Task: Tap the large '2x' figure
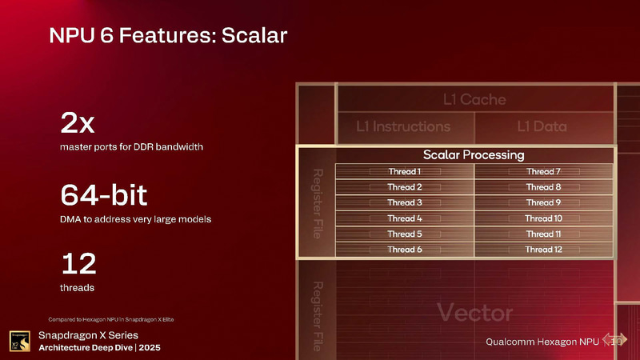[78, 124]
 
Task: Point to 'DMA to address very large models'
[135, 219]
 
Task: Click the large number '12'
[78, 263]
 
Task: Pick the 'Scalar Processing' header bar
[474, 154]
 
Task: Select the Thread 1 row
[404, 172]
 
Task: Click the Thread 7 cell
[543, 172]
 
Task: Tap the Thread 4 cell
[404, 218]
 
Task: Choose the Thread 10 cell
[543, 218]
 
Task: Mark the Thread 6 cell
[404, 250]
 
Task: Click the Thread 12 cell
[543, 250]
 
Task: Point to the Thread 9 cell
[543, 203]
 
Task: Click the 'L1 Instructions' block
[404, 126]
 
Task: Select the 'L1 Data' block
[542, 126]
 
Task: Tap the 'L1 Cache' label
[474, 99]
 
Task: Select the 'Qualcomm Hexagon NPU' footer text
[542, 342]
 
